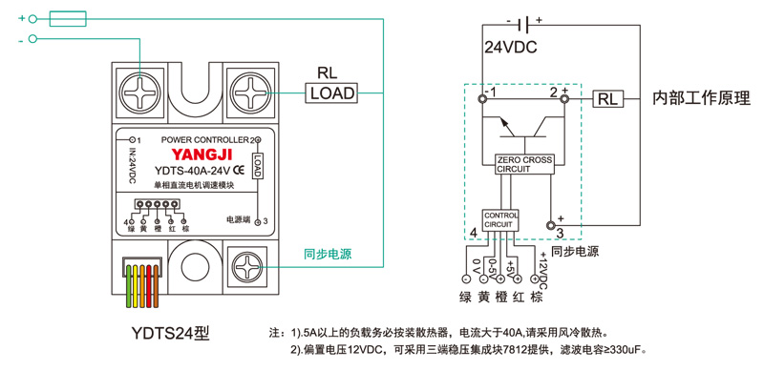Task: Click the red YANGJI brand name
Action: point(202,155)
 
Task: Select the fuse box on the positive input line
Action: point(68,18)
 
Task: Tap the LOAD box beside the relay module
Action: point(331,93)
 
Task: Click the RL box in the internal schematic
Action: point(608,99)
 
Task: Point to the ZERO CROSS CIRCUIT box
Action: point(524,165)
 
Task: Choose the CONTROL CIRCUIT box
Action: point(500,220)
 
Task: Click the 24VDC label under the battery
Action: point(511,48)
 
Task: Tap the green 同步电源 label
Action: point(328,254)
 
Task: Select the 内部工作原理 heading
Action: point(702,98)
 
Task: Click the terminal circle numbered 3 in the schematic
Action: point(551,225)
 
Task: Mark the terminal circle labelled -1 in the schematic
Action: point(482,99)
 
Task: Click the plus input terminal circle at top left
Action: point(32,19)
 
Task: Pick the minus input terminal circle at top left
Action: point(32,39)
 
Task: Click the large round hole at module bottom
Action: point(196,267)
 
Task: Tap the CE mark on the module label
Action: point(240,171)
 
